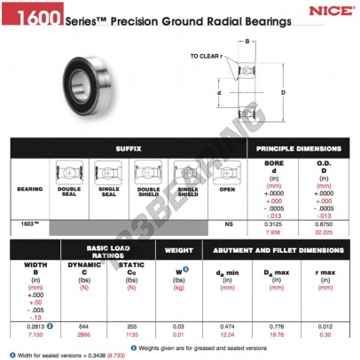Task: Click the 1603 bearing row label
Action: click(28, 224)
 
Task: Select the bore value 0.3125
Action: click(274, 224)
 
